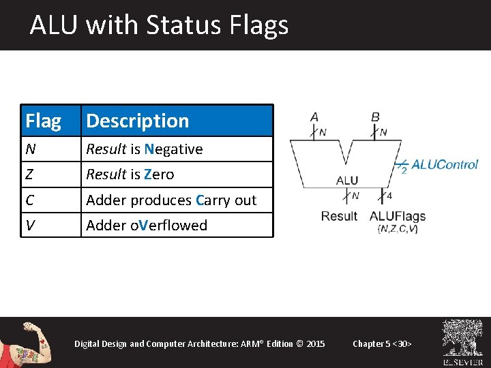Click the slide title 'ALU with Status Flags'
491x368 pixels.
coord(159,25)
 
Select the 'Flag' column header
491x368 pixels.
coord(43,121)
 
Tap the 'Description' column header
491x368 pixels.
coord(137,121)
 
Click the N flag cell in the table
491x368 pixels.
coord(30,149)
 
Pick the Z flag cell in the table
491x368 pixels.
coord(29,174)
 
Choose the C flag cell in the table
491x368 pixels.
coord(30,200)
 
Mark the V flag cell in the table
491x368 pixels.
coord(30,226)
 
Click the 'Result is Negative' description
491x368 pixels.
coord(144,149)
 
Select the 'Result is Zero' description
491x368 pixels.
coord(130,174)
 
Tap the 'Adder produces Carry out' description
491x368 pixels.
coord(171,200)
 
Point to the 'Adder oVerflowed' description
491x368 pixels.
coord(147,226)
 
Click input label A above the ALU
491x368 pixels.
coord(314,117)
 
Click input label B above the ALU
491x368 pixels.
coord(375,117)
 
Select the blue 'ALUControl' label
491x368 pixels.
coord(445,164)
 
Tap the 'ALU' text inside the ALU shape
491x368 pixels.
coord(347,181)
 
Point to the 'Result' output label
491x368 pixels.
coord(339,216)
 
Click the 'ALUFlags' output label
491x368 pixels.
coord(398,216)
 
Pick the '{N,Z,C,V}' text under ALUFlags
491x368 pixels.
coord(398,229)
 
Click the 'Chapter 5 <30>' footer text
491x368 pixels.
coord(382,343)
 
